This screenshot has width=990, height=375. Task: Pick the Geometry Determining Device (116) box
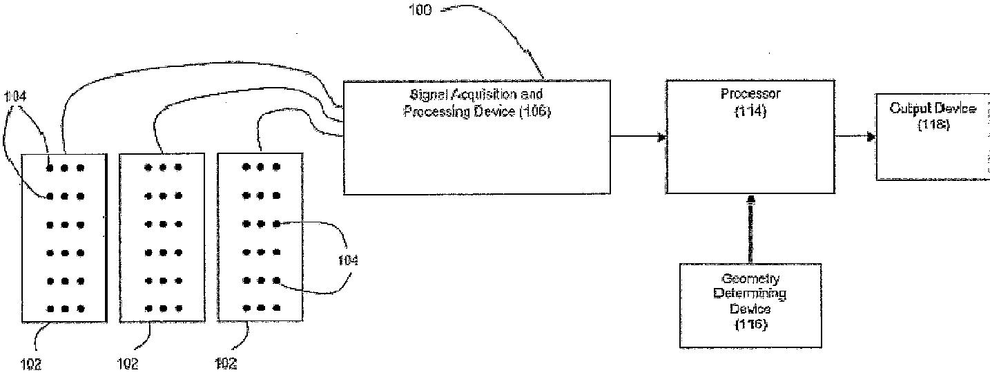tap(750, 304)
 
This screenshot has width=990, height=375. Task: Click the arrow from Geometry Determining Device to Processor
tap(751, 228)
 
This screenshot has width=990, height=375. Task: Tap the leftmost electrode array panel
tap(65, 238)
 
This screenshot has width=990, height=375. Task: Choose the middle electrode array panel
tap(162, 238)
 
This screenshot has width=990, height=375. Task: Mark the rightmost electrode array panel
tap(260, 238)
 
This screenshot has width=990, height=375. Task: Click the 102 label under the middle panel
tap(128, 364)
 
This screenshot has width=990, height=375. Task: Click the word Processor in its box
tap(750, 94)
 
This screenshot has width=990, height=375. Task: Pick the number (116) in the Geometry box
tap(750, 323)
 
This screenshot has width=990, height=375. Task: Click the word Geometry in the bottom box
tap(750, 279)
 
